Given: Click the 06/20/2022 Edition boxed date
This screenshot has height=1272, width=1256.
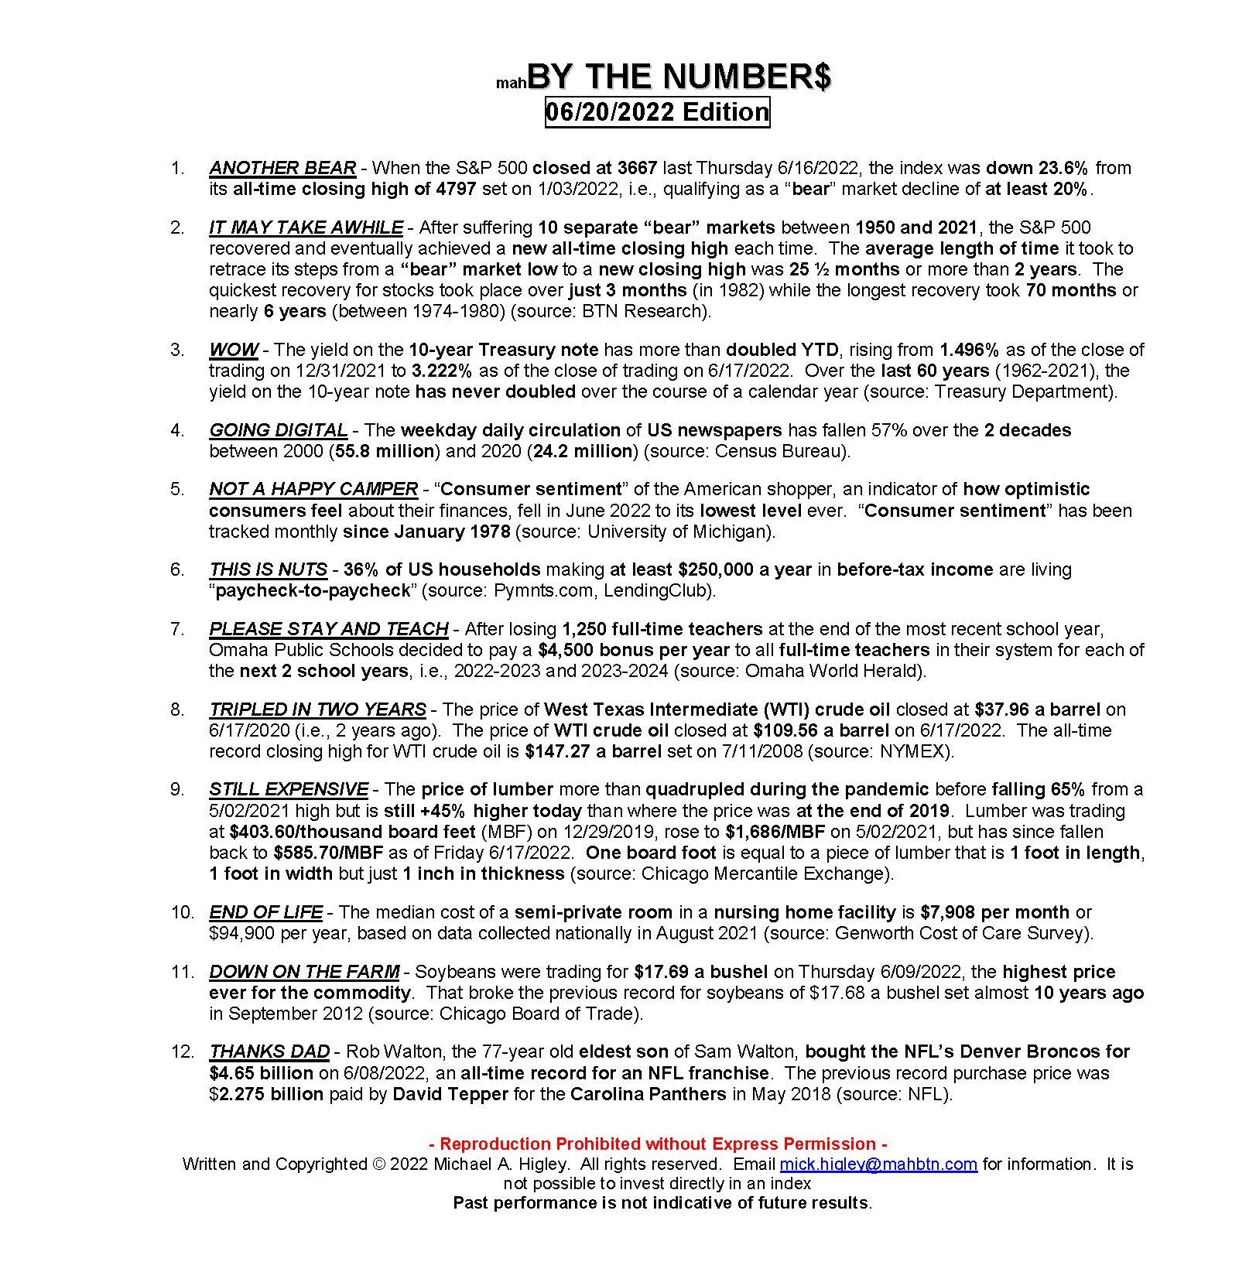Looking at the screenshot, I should click(x=657, y=112).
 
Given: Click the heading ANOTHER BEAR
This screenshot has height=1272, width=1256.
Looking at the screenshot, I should click(x=282, y=168).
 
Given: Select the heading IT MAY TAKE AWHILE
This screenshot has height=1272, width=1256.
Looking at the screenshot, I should click(x=306, y=227).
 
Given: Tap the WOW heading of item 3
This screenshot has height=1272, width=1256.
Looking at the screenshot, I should click(x=233, y=350).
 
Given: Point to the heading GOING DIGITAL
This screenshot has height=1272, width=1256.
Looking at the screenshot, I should click(x=278, y=430).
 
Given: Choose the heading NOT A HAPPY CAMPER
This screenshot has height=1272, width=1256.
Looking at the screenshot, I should click(x=313, y=489).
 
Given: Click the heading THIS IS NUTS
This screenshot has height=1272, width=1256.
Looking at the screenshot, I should click(x=268, y=569).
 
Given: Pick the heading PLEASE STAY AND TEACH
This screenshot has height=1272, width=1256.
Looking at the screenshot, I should click(x=329, y=629).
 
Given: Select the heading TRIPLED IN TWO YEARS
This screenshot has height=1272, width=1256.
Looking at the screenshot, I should click(x=317, y=710).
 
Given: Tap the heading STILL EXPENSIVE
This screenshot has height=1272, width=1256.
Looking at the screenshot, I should click(x=289, y=789).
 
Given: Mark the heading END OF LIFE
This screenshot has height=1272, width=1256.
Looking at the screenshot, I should click(x=265, y=912).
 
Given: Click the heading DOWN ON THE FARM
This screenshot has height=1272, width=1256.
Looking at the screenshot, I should click(x=304, y=972).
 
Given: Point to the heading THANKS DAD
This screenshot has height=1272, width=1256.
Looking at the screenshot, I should click(x=269, y=1052).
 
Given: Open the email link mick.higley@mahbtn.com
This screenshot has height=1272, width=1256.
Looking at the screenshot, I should click(x=878, y=1164).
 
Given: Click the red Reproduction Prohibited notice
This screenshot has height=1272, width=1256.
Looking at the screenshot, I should click(x=658, y=1144).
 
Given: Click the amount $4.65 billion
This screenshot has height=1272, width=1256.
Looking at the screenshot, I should click(x=261, y=1073).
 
